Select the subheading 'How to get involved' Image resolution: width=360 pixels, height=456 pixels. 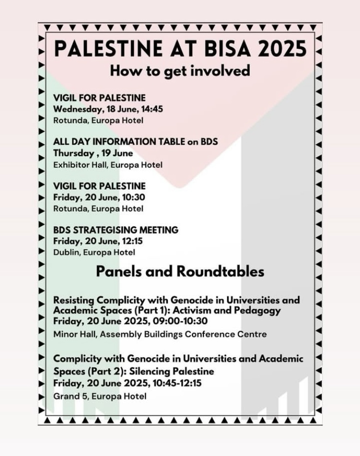(180, 71)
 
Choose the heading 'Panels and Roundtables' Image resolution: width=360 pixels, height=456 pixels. (180, 271)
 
